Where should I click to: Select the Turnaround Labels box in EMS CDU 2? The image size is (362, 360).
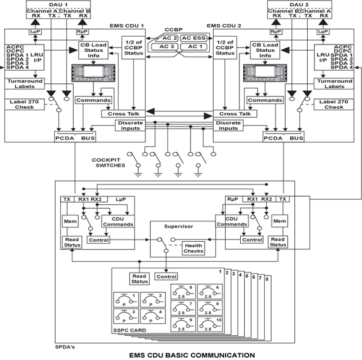coord(335,83)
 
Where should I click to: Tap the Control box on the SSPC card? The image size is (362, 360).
coord(167,277)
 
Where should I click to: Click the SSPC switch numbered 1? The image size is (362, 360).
coord(126,300)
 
